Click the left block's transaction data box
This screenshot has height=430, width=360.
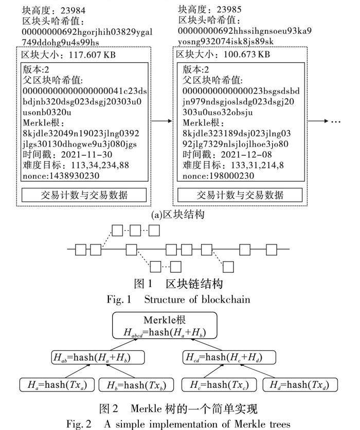84,195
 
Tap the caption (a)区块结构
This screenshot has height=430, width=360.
177,214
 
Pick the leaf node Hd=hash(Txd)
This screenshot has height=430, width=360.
295,384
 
